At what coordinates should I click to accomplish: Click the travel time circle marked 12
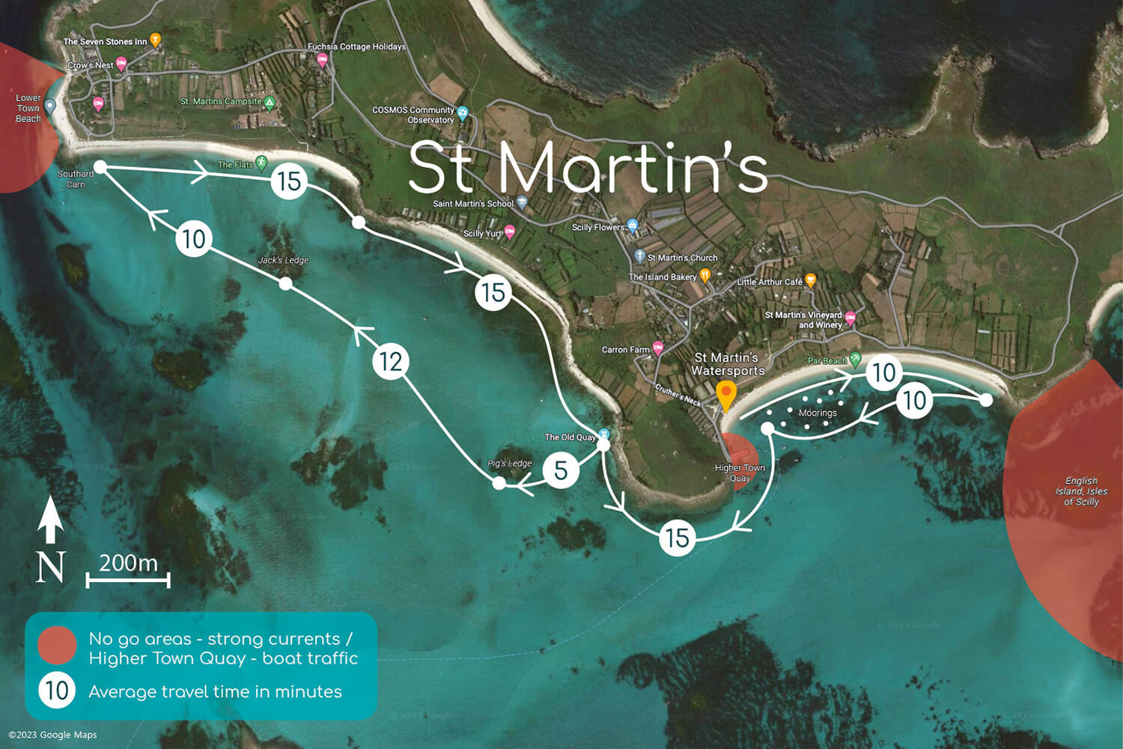(x=390, y=361)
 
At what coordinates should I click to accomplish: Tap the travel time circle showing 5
(x=561, y=470)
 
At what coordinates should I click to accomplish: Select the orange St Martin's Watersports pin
(x=725, y=395)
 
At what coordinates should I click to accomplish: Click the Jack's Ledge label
(x=283, y=260)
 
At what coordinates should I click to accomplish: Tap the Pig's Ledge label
(x=509, y=463)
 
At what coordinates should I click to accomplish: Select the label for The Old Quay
(x=570, y=437)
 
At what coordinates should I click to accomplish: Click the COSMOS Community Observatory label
(x=413, y=115)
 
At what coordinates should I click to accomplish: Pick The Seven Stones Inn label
(x=105, y=42)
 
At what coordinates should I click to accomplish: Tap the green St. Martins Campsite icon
(x=270, y=103)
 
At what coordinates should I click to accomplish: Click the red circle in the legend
(x=57, y=645)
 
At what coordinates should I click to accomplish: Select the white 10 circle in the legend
(x=57, y=691)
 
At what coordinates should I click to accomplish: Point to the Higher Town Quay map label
(x=740, y=473)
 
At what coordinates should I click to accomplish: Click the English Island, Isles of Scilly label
(x=1081, y=491)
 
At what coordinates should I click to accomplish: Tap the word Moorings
(x=818, y=413)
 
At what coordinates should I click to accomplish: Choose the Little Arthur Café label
(x=770, y=282)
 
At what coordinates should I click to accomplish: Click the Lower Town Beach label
(x=28, y=108)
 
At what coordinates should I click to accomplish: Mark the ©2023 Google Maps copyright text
(x=52, y=735)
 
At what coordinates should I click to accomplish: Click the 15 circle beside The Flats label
(x=289, y=181)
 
